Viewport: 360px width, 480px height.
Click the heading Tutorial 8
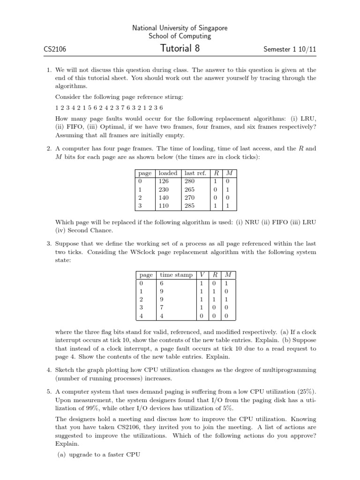pos(180,48)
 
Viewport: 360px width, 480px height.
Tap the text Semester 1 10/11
pos(287,49)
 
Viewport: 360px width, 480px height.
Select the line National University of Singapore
pos(180,28)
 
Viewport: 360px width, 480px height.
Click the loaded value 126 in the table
pos(164,181)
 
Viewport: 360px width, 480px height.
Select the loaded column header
pos(168,173)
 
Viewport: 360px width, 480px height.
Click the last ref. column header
pos(196,173)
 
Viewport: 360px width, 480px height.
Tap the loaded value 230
pos(164,189)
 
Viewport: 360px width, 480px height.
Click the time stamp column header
pos(176,274)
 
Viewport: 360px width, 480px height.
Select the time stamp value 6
pos(162,283)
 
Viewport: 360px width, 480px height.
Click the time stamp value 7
pos(162,307)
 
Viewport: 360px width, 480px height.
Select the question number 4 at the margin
pos(49,370)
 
